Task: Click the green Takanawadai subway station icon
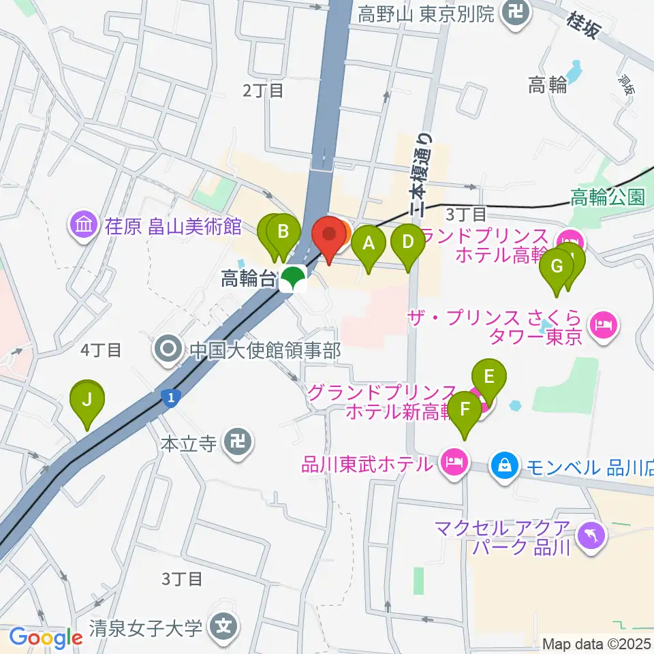pyautogui.click(x=294, y=278)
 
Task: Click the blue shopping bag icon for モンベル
pyautogui.click(x=504, y=466)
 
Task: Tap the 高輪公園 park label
pyautogui.click(x=608, y=198)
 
